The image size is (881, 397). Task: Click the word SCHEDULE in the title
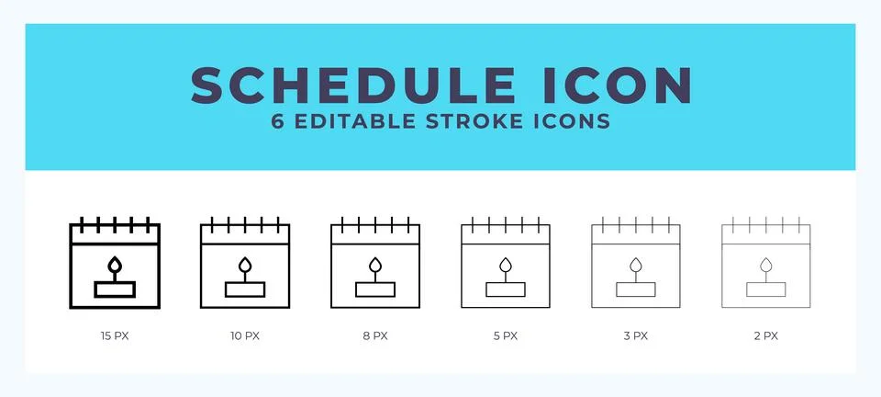pos(352,85)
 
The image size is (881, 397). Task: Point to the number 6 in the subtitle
pos(278,121)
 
